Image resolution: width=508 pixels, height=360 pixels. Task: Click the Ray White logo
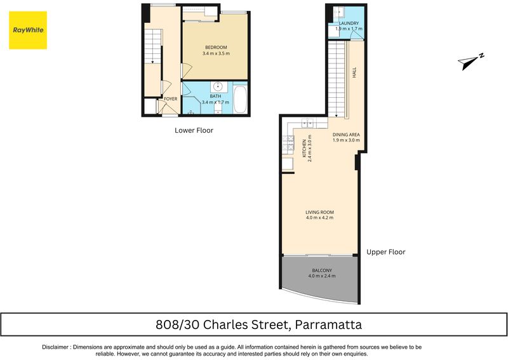coord(28,30)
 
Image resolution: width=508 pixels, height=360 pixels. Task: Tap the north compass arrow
coord(471,61)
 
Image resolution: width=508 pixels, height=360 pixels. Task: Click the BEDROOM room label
coord(216,48)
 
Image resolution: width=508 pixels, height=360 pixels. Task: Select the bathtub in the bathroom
coord(240,99)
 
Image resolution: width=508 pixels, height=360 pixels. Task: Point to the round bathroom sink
coord(218,86)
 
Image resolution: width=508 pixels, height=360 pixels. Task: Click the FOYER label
coord(170,99)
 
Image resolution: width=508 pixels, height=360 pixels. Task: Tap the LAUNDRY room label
coord(349,23)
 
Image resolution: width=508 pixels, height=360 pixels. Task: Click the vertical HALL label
coord(354,72)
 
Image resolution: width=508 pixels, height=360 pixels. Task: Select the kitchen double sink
coord(307,123)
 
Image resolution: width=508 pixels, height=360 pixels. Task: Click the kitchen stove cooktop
coord(288,145)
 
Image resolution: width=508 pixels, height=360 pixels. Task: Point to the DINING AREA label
coord(346,135)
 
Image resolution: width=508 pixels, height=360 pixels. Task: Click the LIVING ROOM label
coord(319,212)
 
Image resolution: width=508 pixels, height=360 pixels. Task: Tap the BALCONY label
coord(322,270)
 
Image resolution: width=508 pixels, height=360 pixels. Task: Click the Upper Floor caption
coord(386,252)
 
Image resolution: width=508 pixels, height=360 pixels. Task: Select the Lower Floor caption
coord(194,130)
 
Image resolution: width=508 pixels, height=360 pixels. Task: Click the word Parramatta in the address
coord(329,324)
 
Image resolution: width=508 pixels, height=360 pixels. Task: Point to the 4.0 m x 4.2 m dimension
coord(319,218)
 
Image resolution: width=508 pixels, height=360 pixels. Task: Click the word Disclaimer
coord(55,347)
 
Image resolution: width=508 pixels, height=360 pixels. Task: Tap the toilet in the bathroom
coord(218,107)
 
